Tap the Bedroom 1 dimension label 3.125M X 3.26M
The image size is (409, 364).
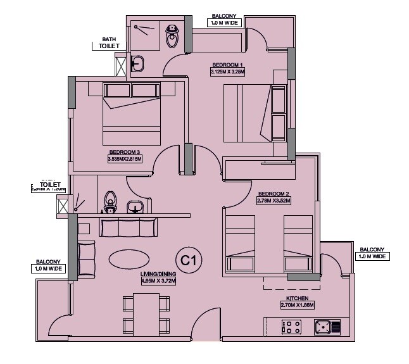(227, 72)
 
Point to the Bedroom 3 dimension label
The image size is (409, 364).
(125, 159)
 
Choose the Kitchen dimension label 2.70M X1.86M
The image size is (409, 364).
(297, 305)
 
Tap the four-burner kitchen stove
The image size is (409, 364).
(291, 328)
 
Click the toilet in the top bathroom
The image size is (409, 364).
(172, 37)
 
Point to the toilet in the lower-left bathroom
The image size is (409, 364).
(111, 201)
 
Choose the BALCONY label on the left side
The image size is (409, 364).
(48, 261)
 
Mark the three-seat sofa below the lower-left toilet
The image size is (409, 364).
(129, 226)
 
